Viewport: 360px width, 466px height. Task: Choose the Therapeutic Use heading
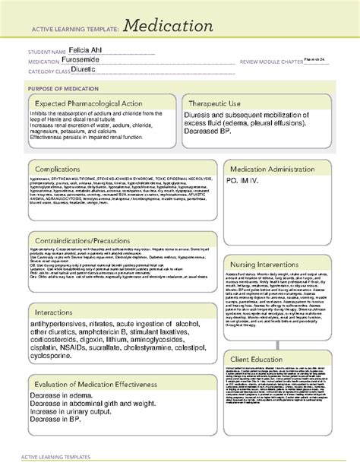(219, 103)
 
